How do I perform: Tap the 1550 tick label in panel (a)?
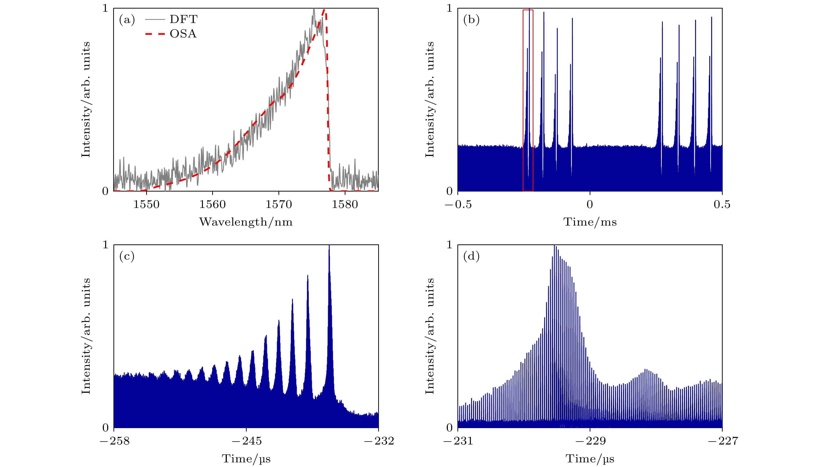coord(146,205)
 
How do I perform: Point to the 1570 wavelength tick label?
coord(278,205)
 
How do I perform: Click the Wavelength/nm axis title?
coord(246,222)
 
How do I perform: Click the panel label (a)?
coord(127,20)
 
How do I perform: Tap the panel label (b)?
coord(471,20)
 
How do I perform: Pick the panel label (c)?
coord(127,256)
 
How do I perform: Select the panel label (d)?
coord(471,256)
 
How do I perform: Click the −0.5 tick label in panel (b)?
coord(458,205)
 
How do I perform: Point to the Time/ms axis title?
coord(590,222)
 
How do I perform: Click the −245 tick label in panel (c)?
coord(246,441)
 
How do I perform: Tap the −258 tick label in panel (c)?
coord(114,441)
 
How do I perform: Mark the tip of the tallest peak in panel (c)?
coord(329,246)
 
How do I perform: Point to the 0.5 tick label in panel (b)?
coord(722,205)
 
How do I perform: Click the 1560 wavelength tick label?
coord(212,205)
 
